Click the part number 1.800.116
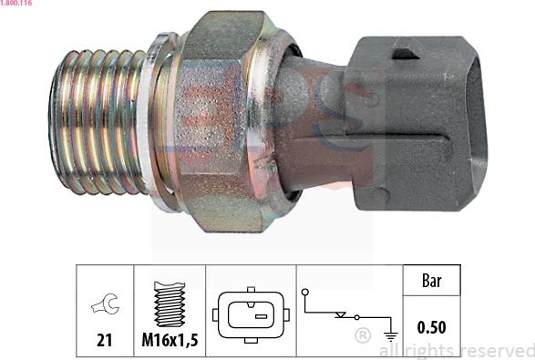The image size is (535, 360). point(16,5)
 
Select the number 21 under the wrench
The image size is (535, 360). point(105,340)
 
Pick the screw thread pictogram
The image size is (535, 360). point(170,303)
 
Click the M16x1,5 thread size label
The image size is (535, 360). point(170,340)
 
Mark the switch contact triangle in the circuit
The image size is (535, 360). point(341,314)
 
